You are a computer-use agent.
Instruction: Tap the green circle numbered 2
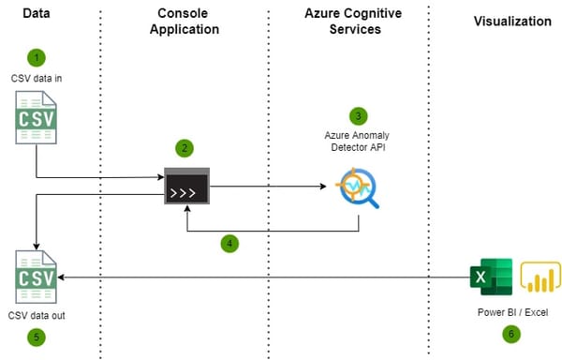pos(185,148)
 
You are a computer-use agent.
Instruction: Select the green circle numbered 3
pos(356,116)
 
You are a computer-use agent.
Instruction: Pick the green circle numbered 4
pos(229,243)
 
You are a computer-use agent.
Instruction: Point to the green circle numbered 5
pos(35,337)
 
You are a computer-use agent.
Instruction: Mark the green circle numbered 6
pos(510,332)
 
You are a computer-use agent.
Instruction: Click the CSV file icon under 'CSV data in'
pos(36,123)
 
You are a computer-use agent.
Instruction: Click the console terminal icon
pos(185,186)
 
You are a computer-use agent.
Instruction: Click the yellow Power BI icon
pos(540,277)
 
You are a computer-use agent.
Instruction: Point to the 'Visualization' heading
pos(512,21)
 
